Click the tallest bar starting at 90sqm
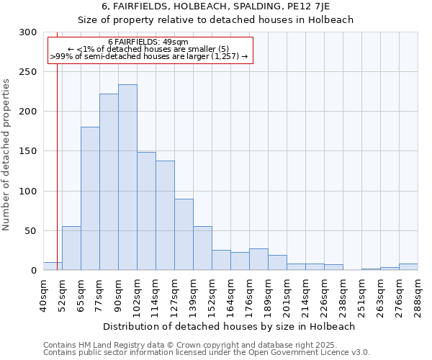click(x=127, y=177)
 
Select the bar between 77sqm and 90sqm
click(x=109, y=182)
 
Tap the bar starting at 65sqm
click(x=90, y=199)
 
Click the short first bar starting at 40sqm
click(x=53, y=266)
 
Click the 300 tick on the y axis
click(x=28, y=32)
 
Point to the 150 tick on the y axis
click(x=28, y=151)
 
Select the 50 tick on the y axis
click(x=31, y=231)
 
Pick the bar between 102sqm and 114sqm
click(x=146, y=211)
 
